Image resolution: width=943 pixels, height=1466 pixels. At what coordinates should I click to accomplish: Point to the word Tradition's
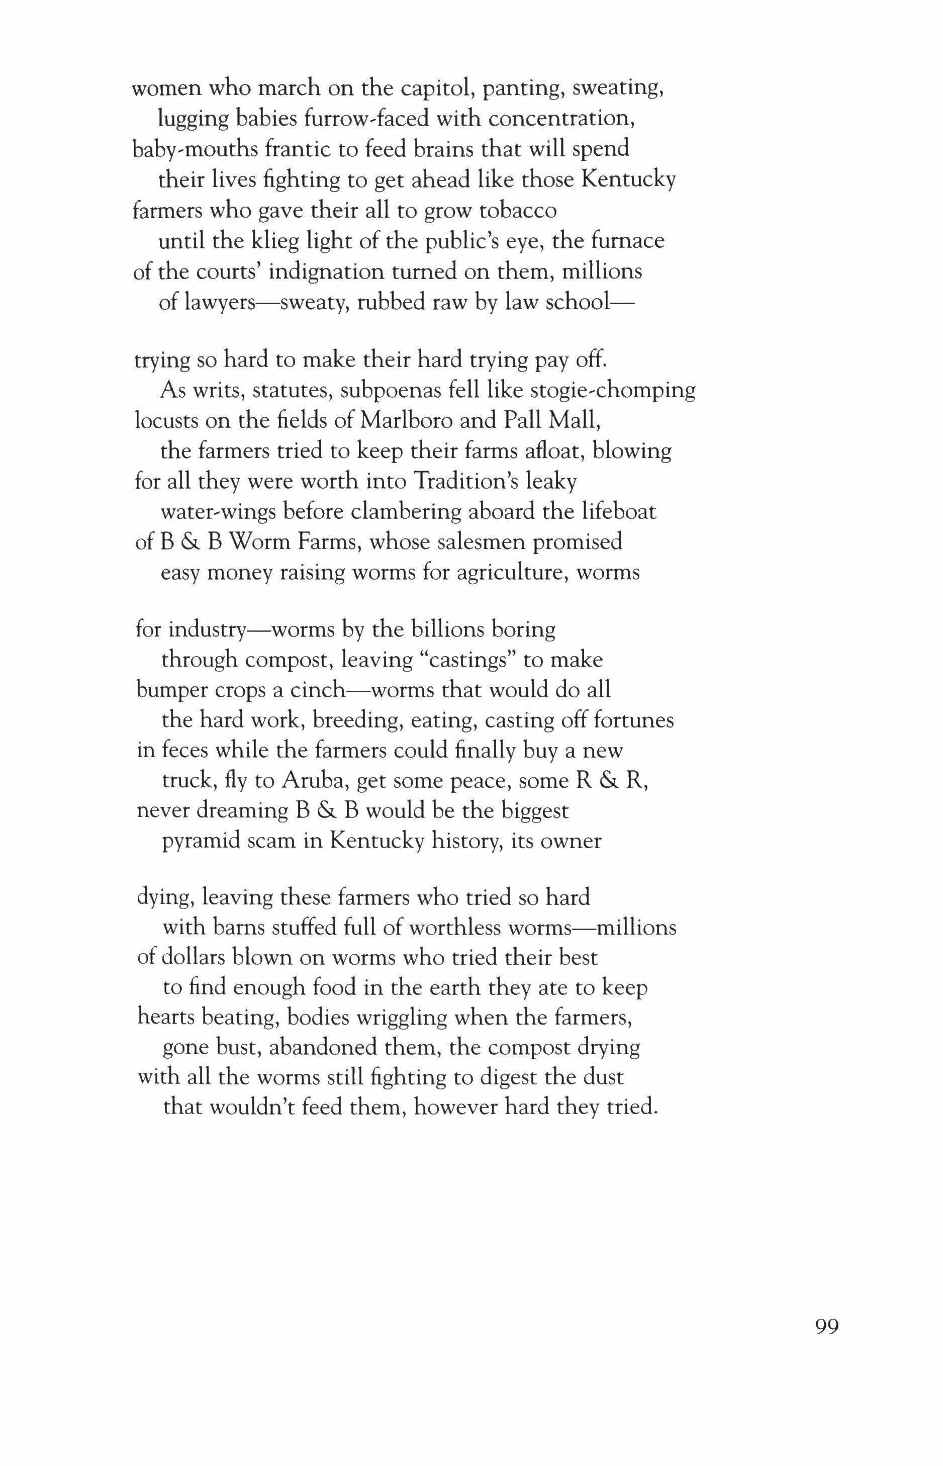click(x=465, y=481)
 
